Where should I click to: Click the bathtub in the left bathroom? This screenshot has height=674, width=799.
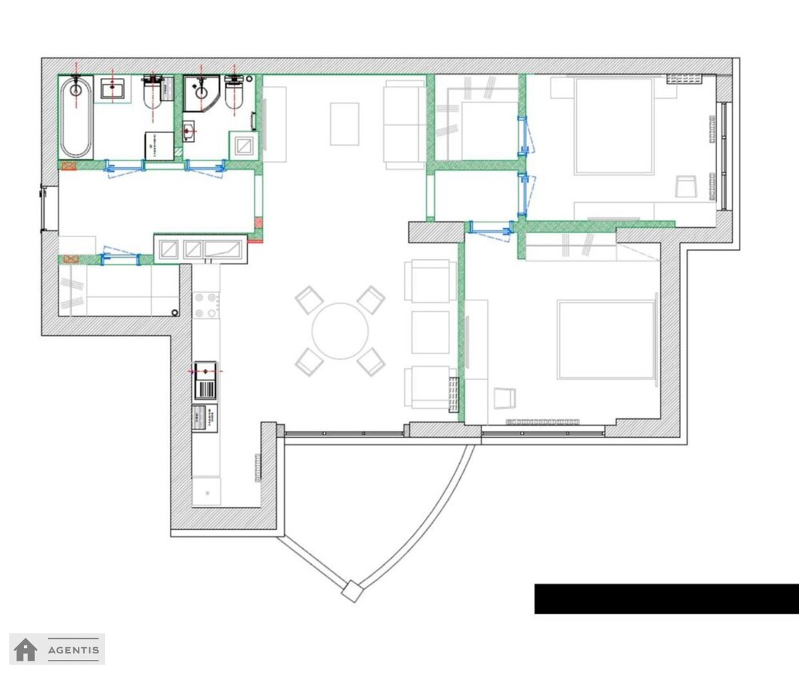coord(76,117)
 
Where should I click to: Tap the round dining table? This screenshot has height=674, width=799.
coord(340,331)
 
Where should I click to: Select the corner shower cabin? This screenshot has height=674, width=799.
coord(201,93)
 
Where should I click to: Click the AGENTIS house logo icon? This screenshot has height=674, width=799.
coord(25,649)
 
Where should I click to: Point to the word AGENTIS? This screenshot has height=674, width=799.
coord(73,650)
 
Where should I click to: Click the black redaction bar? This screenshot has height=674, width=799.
coord(666,599)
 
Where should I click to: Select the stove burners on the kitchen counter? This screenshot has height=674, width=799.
coord(206,305)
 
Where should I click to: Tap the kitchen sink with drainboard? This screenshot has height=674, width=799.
coord(206,380)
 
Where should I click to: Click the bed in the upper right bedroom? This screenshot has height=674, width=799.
coord(614,126)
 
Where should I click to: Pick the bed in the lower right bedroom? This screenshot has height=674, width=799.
coord(606,340)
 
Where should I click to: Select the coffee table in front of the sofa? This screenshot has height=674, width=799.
coord(344,124)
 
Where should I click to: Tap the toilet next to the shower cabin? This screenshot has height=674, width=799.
coord(234,93)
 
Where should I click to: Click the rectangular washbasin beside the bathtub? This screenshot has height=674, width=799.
coord(113,89)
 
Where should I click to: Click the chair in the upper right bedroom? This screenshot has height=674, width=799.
coord(686,186)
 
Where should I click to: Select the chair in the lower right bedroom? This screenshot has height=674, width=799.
coord(505,398)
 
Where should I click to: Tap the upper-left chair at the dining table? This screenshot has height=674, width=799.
coord(309,300)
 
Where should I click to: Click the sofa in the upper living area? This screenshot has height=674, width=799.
coord(405,125)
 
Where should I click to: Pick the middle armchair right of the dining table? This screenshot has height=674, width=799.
coord(431,332)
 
